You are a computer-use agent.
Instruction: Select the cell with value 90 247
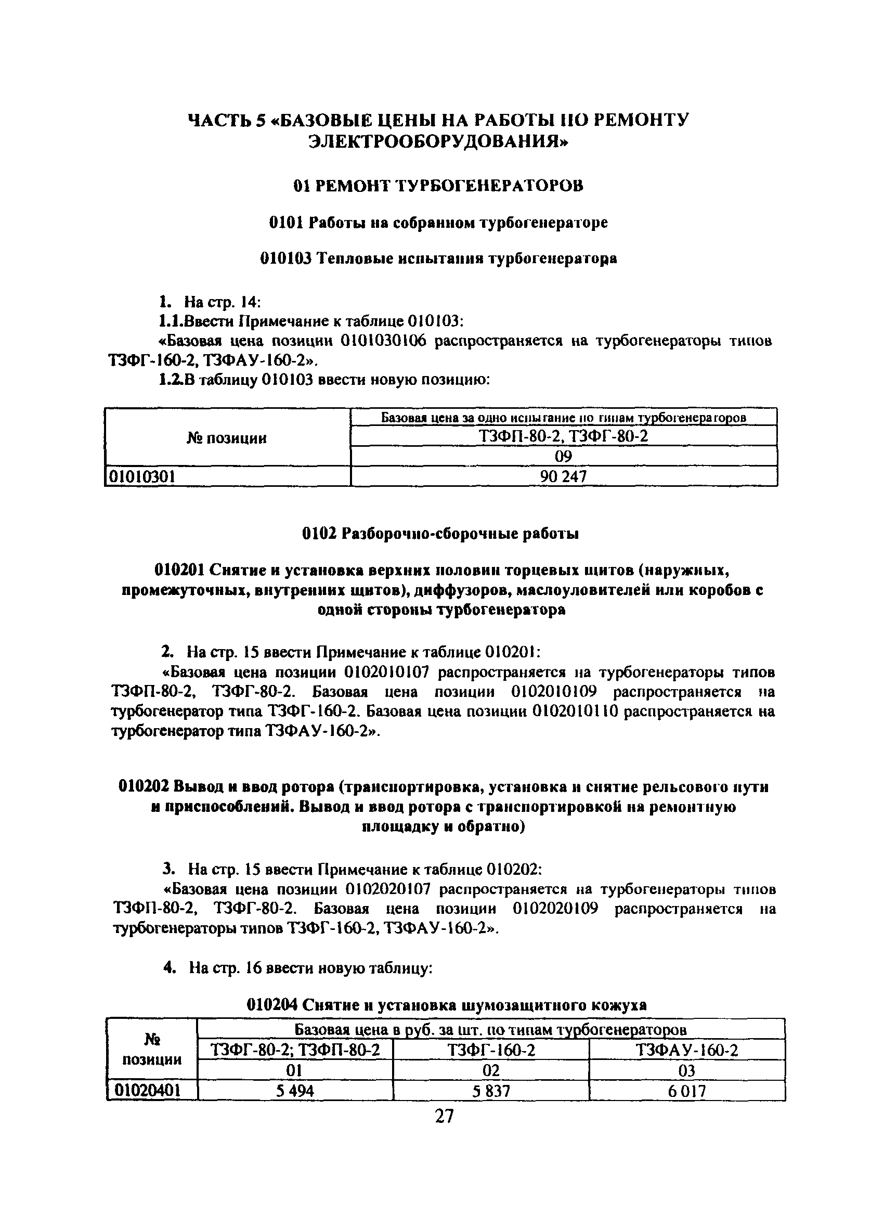tap(563, 476)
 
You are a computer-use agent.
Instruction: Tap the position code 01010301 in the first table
tap(142, 476)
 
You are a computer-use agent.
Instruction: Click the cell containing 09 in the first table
tap(563, 456)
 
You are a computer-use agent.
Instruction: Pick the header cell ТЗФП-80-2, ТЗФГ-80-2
tap(563, 436)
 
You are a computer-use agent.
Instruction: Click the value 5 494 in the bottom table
tap(295, 1090)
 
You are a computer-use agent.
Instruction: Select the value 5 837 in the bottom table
tap(491, 1090)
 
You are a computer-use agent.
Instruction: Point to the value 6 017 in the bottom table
tap(687, 1090)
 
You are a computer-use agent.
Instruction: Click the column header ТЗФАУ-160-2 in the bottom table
tap(687, 1050)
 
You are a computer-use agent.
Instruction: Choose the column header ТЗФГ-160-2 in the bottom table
tap(491, 1050)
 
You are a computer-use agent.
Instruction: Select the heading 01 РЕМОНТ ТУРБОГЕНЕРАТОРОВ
tap(438, 186)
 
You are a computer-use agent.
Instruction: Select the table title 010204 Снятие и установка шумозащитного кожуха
tap(446, 1005)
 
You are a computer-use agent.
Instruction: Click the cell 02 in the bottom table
tap(491, 1070)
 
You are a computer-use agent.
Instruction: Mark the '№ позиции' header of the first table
tap(227, 438)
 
